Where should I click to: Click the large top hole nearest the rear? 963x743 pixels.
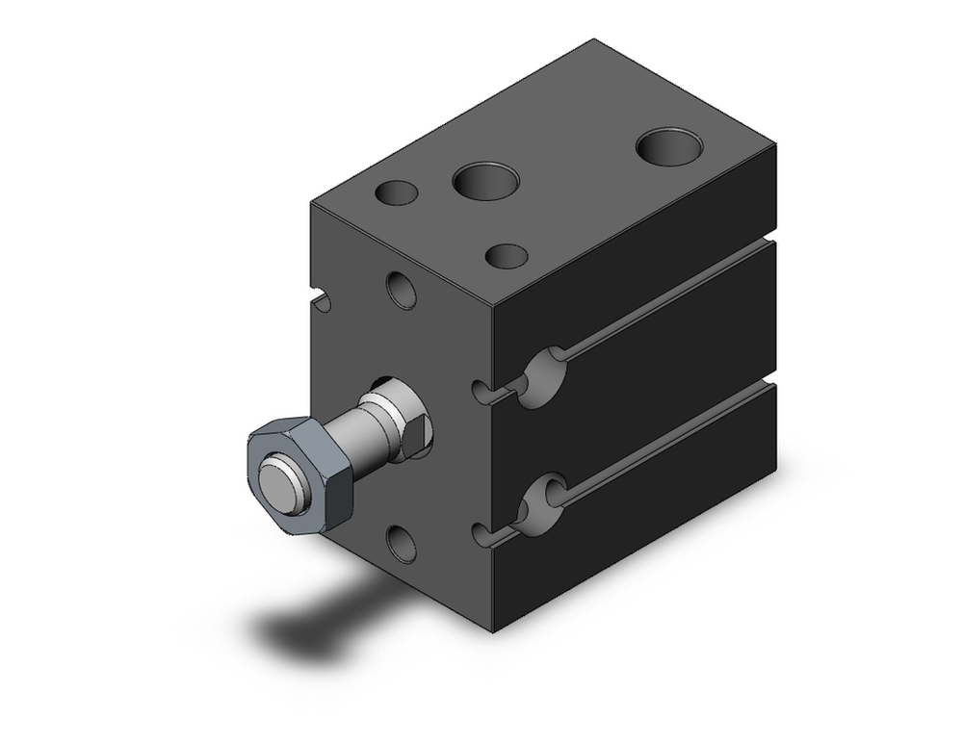click(669, 145)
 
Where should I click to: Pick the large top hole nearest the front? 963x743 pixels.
click(485, 180)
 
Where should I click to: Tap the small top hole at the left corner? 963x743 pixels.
click(397, 192)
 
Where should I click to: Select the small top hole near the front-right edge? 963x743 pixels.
click(507, 256)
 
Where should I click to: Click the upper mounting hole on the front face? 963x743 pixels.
click(401, 290)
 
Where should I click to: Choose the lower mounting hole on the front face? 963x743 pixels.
click(401, 544)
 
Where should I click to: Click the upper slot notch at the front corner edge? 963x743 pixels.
click(484, 391)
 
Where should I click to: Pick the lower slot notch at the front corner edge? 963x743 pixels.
click(484, 531)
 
